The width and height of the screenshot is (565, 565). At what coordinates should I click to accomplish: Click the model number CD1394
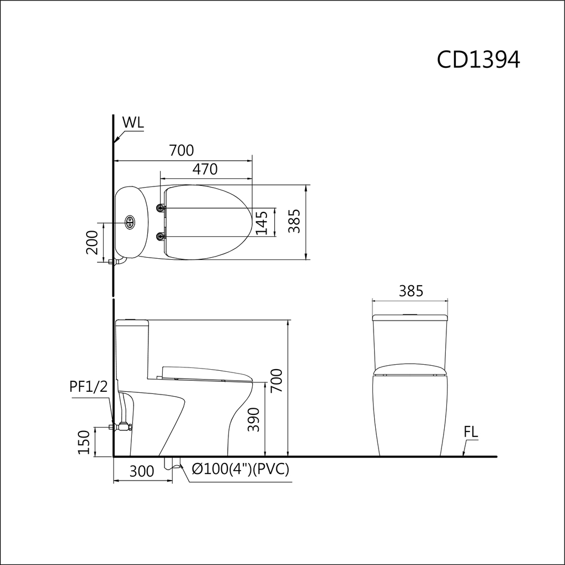(x=478, y=60)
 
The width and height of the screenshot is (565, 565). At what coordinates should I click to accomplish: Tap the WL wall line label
(x=133, y=122)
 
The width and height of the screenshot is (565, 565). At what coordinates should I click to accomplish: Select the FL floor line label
(x=471, y=431)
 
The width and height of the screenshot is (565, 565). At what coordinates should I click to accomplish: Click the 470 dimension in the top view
(x=205, y=169)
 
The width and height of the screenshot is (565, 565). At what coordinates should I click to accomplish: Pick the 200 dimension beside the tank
(x=92, y=242)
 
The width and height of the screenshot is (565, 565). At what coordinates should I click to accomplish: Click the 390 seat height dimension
(x=254, y=419)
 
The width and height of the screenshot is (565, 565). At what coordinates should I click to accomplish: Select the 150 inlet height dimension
(x=84, y=442)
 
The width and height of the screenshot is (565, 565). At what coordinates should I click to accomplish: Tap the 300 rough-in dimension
(x=142, y=471)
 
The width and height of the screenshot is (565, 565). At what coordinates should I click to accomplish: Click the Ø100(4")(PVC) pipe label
(x=241, y=469)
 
